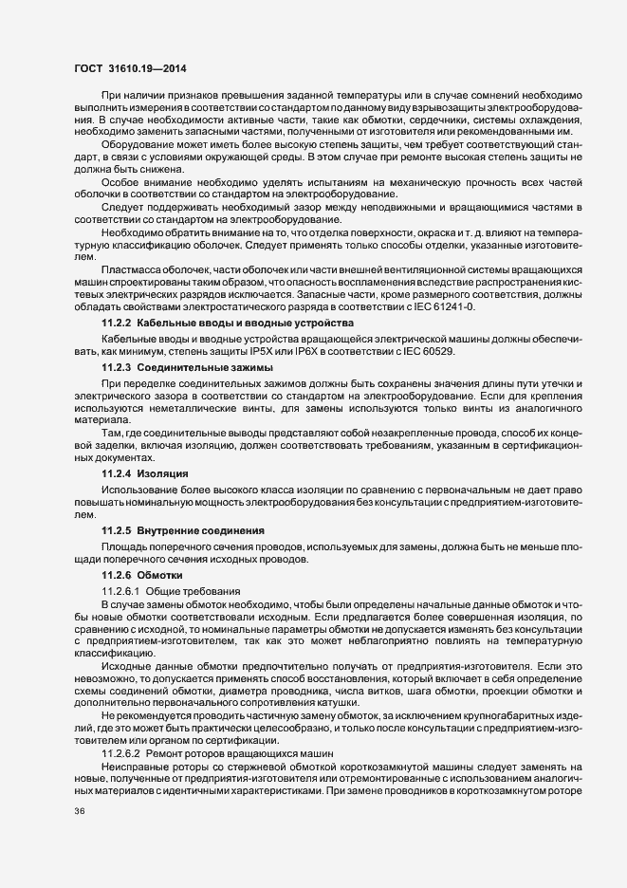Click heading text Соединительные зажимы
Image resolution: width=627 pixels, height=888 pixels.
coord(196,367)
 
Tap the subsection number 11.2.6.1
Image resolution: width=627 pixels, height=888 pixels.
coord(120,591)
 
